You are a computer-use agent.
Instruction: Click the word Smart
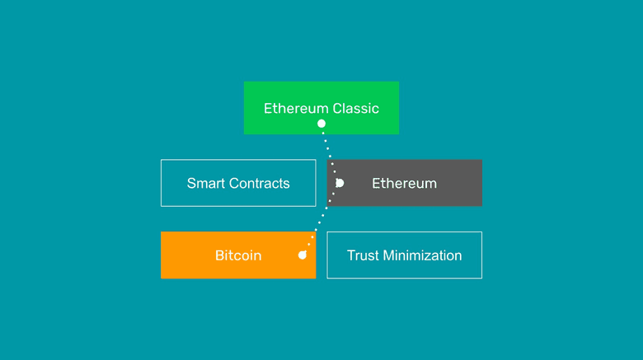coord(206,183)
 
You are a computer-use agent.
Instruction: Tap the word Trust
coord(363,255)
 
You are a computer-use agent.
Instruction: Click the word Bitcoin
coord(238,255)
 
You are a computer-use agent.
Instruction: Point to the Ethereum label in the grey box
coord(404,183)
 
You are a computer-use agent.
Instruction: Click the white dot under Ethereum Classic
coord(321,124)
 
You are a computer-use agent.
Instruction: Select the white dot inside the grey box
coord(339,183)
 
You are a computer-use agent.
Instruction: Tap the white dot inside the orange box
coord(303,255)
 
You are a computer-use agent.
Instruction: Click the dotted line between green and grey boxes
coord(328,148)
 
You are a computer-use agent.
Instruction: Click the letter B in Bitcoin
coord(219,255)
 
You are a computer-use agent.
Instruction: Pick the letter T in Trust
coord(351,255)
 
